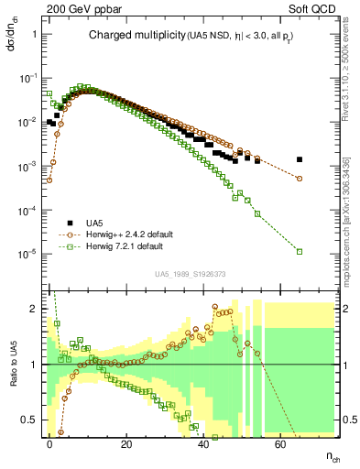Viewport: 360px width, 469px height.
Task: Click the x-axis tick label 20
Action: coord(126,442)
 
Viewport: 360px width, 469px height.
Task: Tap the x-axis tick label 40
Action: coord(203,442)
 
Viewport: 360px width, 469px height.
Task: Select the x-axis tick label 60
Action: coord(280,442)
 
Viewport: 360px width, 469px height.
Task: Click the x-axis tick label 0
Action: coord(49,442)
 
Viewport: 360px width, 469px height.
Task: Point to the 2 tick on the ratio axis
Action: coord(35,309)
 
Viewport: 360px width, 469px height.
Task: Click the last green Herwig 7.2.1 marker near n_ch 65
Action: coord(300,250)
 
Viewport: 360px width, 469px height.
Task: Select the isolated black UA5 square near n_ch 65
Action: coord(300,159)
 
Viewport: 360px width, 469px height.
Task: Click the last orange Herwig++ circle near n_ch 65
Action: coord(300,179)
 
